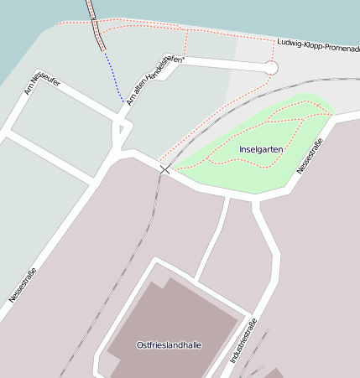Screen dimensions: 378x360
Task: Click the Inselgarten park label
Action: click(260, 149)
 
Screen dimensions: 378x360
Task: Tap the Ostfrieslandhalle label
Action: click(169, 344)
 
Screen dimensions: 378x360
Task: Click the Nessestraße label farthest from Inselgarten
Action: click(22, 285)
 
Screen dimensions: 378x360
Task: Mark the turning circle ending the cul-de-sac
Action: click(270, 67)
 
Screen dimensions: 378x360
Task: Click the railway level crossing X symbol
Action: click(164, 169)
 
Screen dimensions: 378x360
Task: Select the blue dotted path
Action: click(113, 77)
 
